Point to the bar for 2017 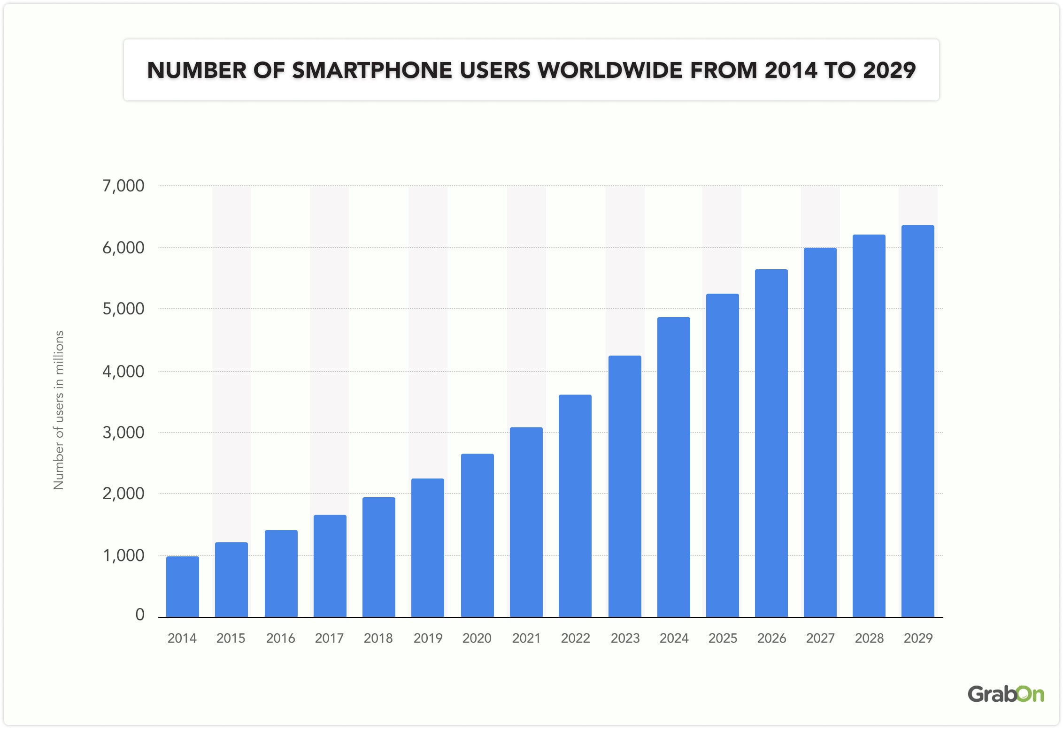coord(330,566)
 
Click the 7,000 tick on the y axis coord(123,186)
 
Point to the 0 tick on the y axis coord(139,615)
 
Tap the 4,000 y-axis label coord(123,372)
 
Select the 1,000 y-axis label coord(123,555)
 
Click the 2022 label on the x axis coord(575,638)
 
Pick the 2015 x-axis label coord(231,638)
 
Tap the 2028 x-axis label coord(869,638)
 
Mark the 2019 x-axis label coord(428,638)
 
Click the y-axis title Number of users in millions coord(58,410)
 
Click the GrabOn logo coord(1005,694)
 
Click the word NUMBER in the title coord(197,70)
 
